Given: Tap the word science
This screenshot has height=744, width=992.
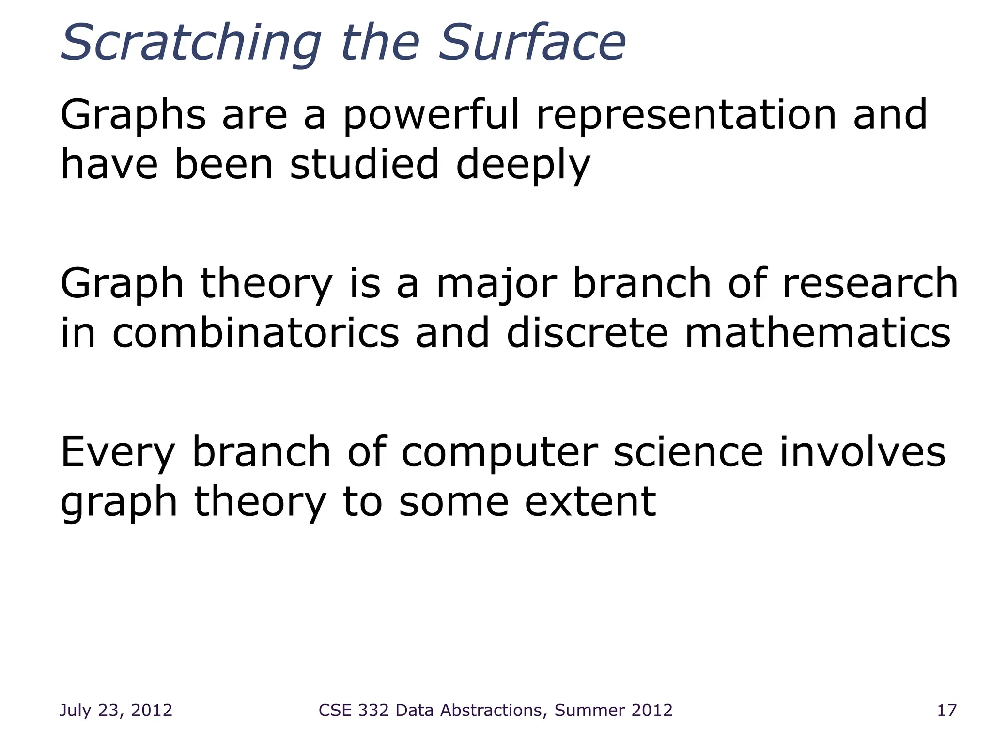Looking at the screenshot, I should pos(688,452).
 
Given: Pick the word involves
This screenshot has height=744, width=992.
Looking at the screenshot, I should pos(862,452).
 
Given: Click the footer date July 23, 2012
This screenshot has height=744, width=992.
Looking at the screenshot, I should pos(116,710).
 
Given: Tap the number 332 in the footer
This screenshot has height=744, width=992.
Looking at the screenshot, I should pos(372,710).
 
